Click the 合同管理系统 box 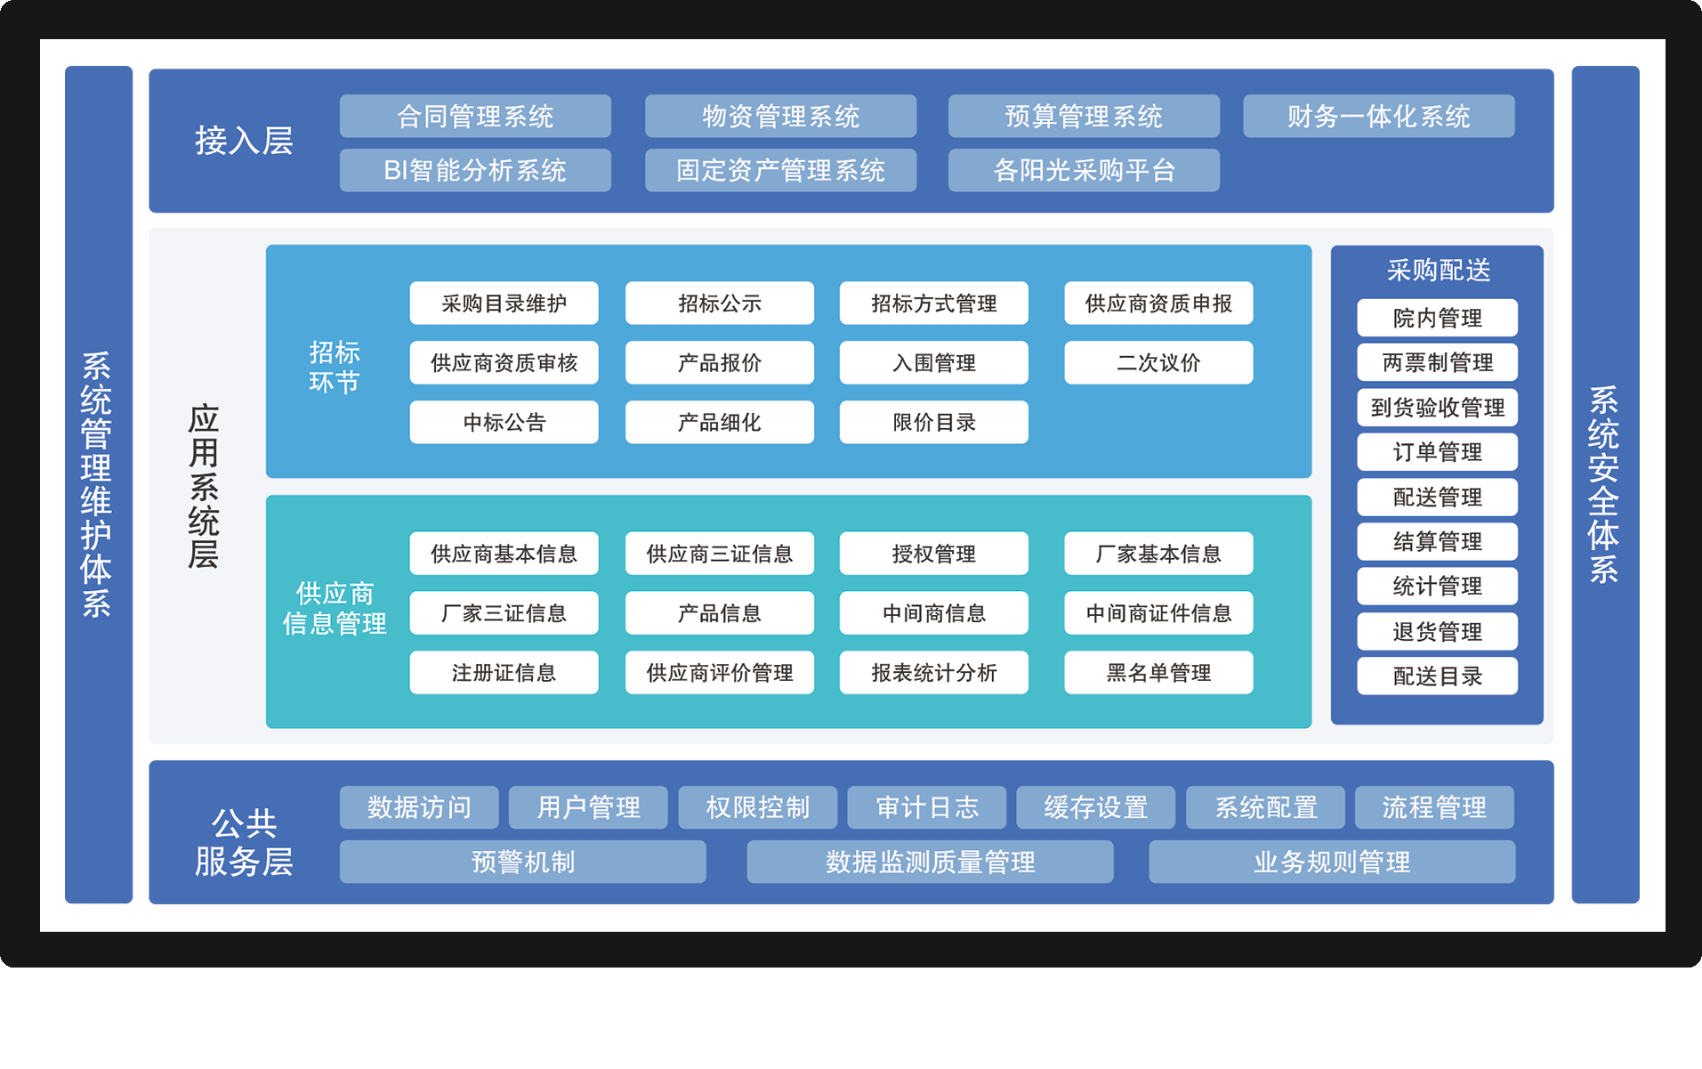[475, 117]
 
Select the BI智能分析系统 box [475, 170]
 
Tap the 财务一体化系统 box [1378, 117]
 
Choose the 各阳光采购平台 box [1084, 170]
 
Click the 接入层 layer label [244, 141]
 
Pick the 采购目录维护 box [504, 304]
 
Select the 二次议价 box [1158, 363]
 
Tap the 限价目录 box [933, 422]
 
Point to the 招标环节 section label [335, 367]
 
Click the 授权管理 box [933, 554]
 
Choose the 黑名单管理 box [1158, 673]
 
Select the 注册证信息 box [504, 673]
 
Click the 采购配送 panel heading [1438, 270]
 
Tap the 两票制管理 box [1437, 363]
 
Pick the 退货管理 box [1437, 632]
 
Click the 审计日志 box [926, 807]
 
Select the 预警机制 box [523, 862]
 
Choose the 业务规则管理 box [1332, 862]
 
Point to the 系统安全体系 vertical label [1604, 485]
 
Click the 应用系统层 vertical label [204, 486]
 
